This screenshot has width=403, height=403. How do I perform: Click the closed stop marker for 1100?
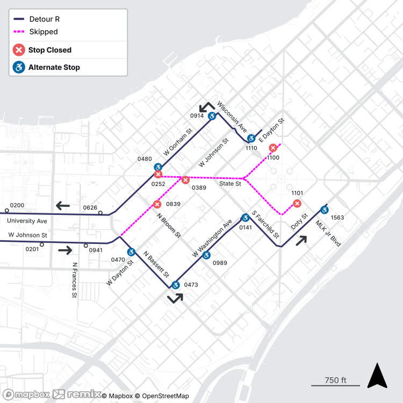(273, 148)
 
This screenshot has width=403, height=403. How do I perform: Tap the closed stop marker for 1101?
(297, 203)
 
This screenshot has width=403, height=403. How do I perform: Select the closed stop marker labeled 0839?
(157, 204)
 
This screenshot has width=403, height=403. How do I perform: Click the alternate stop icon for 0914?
(212, 116)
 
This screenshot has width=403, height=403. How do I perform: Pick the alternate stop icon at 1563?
(324, 210)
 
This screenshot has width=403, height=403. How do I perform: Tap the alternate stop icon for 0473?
(175, 285)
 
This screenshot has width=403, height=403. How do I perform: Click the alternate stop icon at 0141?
(245, 218)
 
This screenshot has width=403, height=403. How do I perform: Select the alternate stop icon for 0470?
(131, 252)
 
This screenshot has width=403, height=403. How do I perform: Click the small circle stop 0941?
(85, 246)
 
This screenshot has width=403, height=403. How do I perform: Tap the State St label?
(230, 184)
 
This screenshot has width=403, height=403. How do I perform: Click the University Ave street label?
(27, 221)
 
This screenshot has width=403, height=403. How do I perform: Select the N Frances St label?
(75, 280)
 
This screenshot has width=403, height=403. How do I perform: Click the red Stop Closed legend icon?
(19, 50)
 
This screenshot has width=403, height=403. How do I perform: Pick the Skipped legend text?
(43, 32)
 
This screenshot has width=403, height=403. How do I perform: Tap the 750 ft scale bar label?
(335, 380)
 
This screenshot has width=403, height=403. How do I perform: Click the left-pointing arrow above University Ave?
(63, 205)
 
